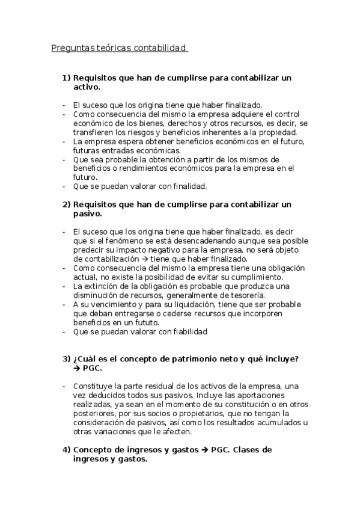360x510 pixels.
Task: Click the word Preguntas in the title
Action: [x=72, y=48]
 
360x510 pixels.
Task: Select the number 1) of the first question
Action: [x=67, y=78]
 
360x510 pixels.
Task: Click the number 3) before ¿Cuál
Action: [x=67, y=359]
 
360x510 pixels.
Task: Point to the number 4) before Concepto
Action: [x=67, y=450]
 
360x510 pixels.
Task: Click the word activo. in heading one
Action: [x=85, y=87]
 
